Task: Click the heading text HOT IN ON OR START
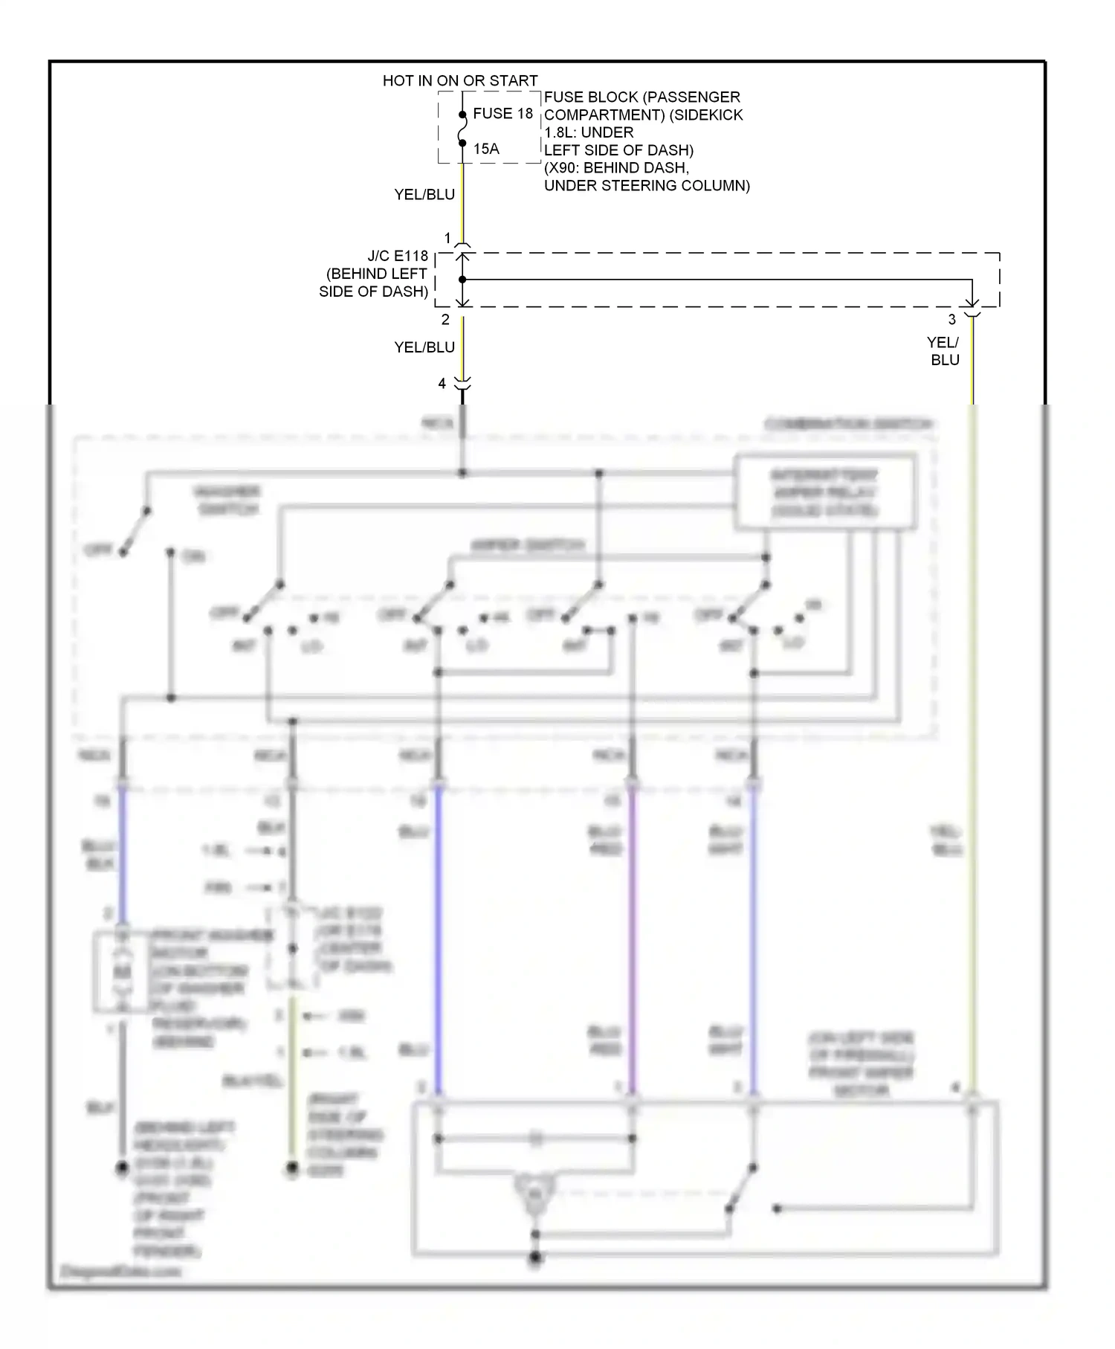(x=459, y=80)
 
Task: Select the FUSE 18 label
(x=503, y=114)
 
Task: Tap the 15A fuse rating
(x=486, y=149)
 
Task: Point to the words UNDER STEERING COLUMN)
(x=647, y=186)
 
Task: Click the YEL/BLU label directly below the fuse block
(x=424, y=195)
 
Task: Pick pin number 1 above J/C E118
(x=447, y=238)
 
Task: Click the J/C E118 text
(x=398, y=257)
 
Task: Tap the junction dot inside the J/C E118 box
(x=462, y=280)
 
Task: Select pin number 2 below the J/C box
(x=445, y=320)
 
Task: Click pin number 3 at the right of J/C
(x=951, y=320)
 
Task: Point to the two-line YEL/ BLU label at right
(x=944, y=351)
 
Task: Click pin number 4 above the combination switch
(x=442, y=384)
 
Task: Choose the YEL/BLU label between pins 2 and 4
(x=424, y=347)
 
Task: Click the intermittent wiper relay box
(x=824, y=492)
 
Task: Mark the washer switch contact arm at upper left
(x=135, y=532)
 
